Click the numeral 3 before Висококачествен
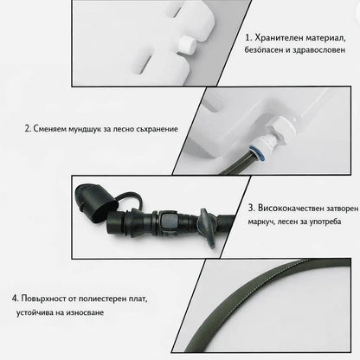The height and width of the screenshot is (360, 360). [251, 208]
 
